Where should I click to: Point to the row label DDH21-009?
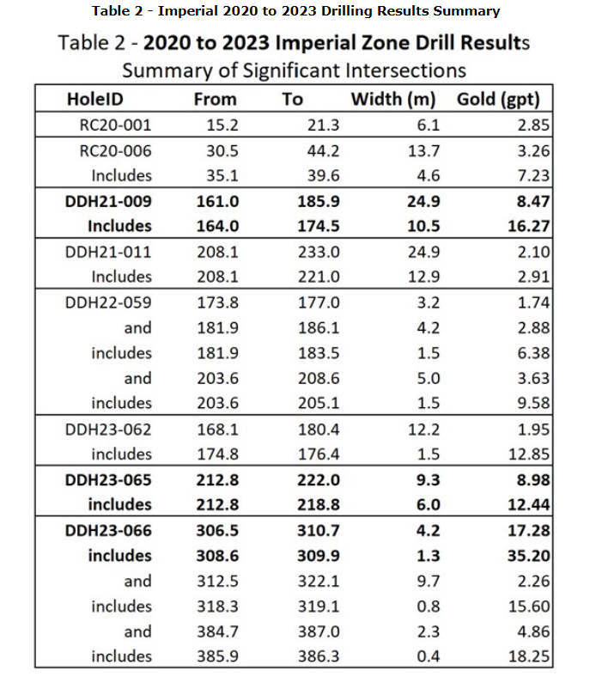point(109,201)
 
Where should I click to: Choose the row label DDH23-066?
point(109,531)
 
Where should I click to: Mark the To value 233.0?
point(323,252)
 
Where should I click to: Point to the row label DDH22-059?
point(109,302)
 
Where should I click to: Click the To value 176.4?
point(323,454)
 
